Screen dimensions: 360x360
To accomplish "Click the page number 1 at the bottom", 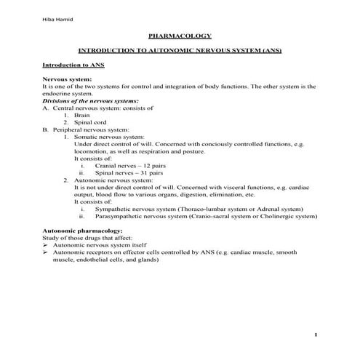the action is [x=316, y=335].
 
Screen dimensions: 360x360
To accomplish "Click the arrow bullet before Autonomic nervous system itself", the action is [x=46, y=245].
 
